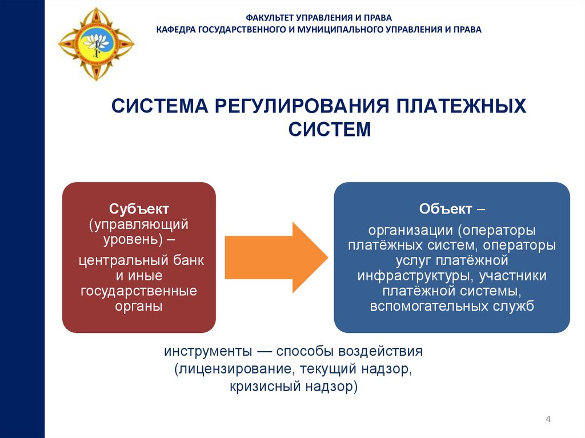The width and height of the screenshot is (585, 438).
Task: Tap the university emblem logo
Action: (97, 43)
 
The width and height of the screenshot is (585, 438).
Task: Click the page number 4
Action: (548, 420)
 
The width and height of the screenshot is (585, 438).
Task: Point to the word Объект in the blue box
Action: (446, 209)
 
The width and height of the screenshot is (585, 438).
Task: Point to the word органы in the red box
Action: (139, 306)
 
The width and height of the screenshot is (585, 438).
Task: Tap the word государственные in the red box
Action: (139, 291)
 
